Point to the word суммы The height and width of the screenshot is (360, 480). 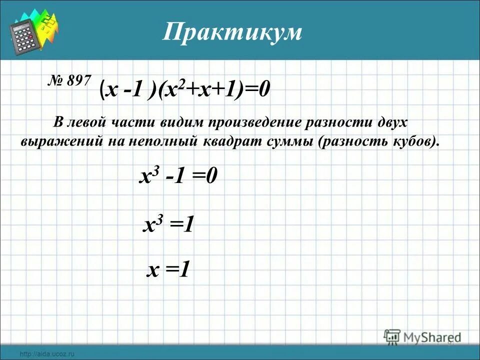coord(287,141)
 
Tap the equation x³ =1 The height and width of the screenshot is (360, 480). coord(168,226)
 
